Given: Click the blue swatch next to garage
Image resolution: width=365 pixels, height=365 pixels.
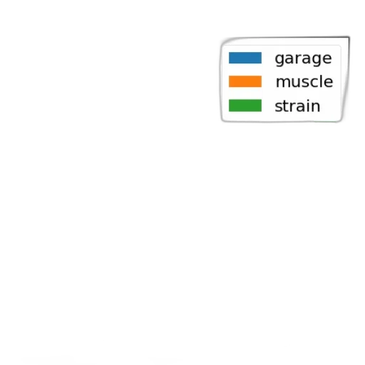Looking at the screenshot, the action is pyautogui.click(x=245, y=58).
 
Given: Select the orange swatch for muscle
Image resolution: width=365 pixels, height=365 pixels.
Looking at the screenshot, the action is pyautogui.click(x=245, y=81).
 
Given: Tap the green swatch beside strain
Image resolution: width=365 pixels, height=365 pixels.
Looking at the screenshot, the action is pyautogui.click(x=245, y=106).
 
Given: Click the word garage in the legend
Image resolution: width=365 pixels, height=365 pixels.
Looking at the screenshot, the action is pyautogui.click(x=303, y=59).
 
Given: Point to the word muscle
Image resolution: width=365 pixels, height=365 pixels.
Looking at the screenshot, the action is pyautogui.click(x=304, y=81).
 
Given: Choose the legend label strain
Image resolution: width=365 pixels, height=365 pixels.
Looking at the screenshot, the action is pyautogui.click(x=297, y=106).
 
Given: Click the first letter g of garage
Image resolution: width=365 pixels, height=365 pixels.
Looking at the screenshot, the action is pyautogui.click(x=279, y=60).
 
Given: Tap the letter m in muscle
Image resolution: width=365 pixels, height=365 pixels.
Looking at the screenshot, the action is pyautogui.click(x=282, y=83).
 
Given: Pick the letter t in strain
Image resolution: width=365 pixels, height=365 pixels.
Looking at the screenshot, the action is pyautogui.click(x=286, y=106).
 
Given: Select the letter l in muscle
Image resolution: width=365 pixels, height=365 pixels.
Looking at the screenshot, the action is pyautogui.click(x=320, y=81).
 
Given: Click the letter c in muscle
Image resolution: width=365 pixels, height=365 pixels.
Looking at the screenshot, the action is pyautogui.click(x=314, y=83).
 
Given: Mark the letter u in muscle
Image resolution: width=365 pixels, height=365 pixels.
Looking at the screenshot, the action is pyautogui.click(x=295, y=83).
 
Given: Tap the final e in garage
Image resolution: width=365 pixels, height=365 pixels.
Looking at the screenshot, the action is pyautogui.click(x=327, y=58).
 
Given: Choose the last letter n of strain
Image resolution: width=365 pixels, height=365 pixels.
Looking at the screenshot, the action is pyautogui.click(x=315, y=107).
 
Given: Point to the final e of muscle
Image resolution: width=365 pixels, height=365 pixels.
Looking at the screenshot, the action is pyautogui.click(x=328, y=83).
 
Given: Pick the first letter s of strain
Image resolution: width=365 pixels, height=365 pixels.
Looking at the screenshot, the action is pyautogui.click(x=279, y=107).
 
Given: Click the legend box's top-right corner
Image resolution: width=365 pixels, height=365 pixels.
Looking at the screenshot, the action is pyautogui.click(x=349, y=37).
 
